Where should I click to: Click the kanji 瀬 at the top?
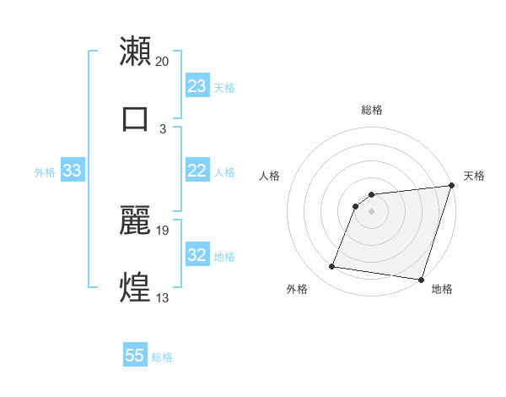click(x=136, y=51)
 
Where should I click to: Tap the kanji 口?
click(x=136, y=117)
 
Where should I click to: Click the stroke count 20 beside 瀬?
click(x=163, y=62)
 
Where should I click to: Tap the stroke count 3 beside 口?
click(x=163, y=129)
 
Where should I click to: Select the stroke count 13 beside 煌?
click(x=163, y=298)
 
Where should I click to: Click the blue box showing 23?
click(x=197, y=86)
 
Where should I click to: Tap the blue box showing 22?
click(x=197, y=171)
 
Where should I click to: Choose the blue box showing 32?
click(x=197, y=255)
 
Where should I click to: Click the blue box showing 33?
click(x=72, y=171)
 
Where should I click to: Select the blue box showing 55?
click(x=135, y=356)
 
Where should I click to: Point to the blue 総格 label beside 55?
click(x=162, y=357)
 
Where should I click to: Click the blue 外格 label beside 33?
click(x=45, y=172)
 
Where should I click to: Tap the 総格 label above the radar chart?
click(x=371, y=110)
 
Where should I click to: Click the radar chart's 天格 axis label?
click(x=474, y=176)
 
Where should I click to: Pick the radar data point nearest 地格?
click(x=421, y=279)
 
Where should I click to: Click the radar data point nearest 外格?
click(x=331, y=267)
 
